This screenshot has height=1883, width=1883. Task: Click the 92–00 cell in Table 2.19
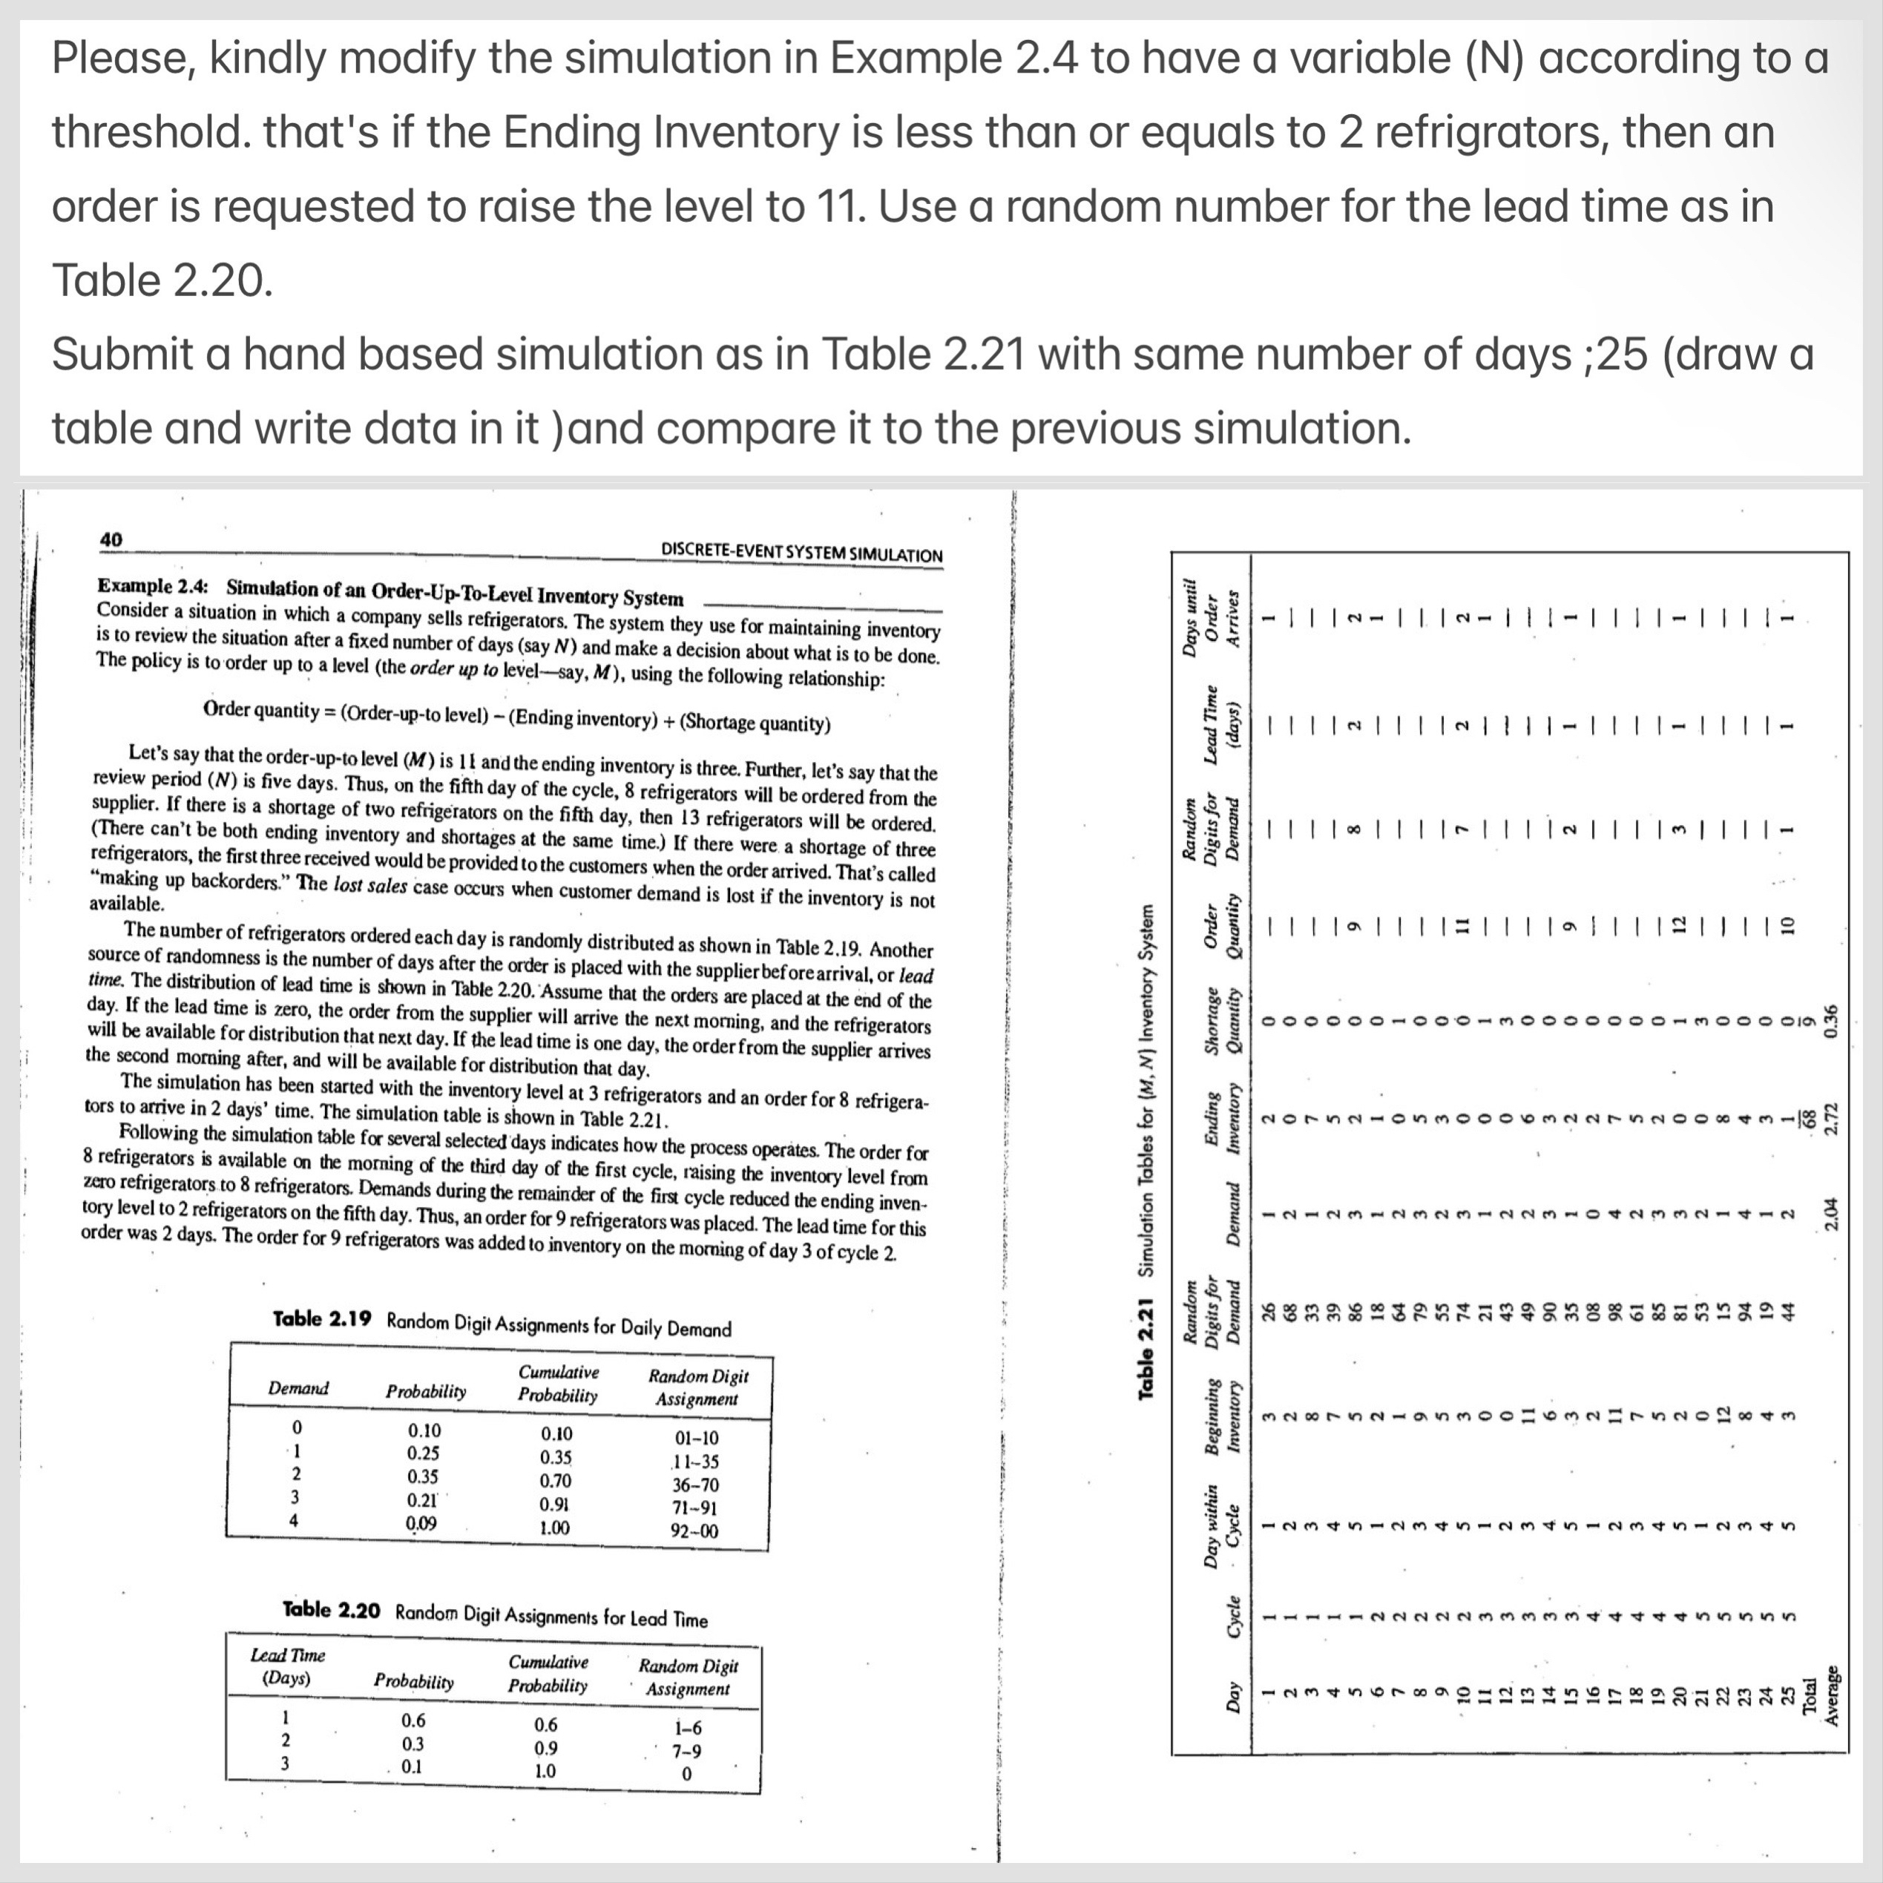click(x=696, y=1530)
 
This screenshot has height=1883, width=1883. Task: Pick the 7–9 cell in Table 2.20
click(x=686, y=1749)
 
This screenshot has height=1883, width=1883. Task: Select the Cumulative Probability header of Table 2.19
click(x=559, y=1384)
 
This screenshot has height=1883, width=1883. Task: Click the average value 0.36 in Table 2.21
click(x=1830, y=1019)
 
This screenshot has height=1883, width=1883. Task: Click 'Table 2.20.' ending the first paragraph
click(x=162, y=280)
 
